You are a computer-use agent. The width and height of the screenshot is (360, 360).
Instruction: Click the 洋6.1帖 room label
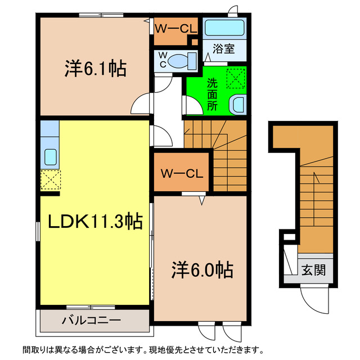(94, 69)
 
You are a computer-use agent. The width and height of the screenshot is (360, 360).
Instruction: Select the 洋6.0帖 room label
(202, 271)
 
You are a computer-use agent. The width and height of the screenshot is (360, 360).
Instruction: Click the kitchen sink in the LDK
(49, 157)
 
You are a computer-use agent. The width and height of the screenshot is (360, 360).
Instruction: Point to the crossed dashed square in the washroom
(236, 77)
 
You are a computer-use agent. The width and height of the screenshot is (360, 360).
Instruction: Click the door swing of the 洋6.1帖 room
(141, 105)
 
